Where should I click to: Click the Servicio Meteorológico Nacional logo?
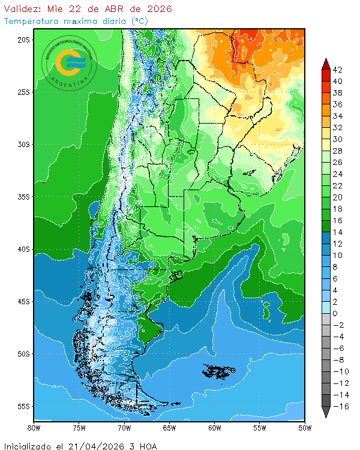click(x=70, y=62)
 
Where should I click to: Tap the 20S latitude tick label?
click(x=23, y=40)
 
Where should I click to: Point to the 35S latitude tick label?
click(x=23, y=197)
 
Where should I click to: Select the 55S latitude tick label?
click(x=23, y=406)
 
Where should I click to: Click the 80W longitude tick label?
click(x=34, y=428)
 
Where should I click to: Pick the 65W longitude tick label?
click(x=169, y=428)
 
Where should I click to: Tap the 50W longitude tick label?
click(x=304, y=428)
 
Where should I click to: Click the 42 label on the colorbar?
click(x=337, y=70)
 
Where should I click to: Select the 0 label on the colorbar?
click(x=335, y=314)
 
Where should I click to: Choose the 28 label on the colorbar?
click(x=337, y=151)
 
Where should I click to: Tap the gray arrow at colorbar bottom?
click(x=325, y=412)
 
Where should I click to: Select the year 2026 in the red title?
click(x=157, y=9)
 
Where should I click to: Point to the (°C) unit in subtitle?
click(x=139, y=20)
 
